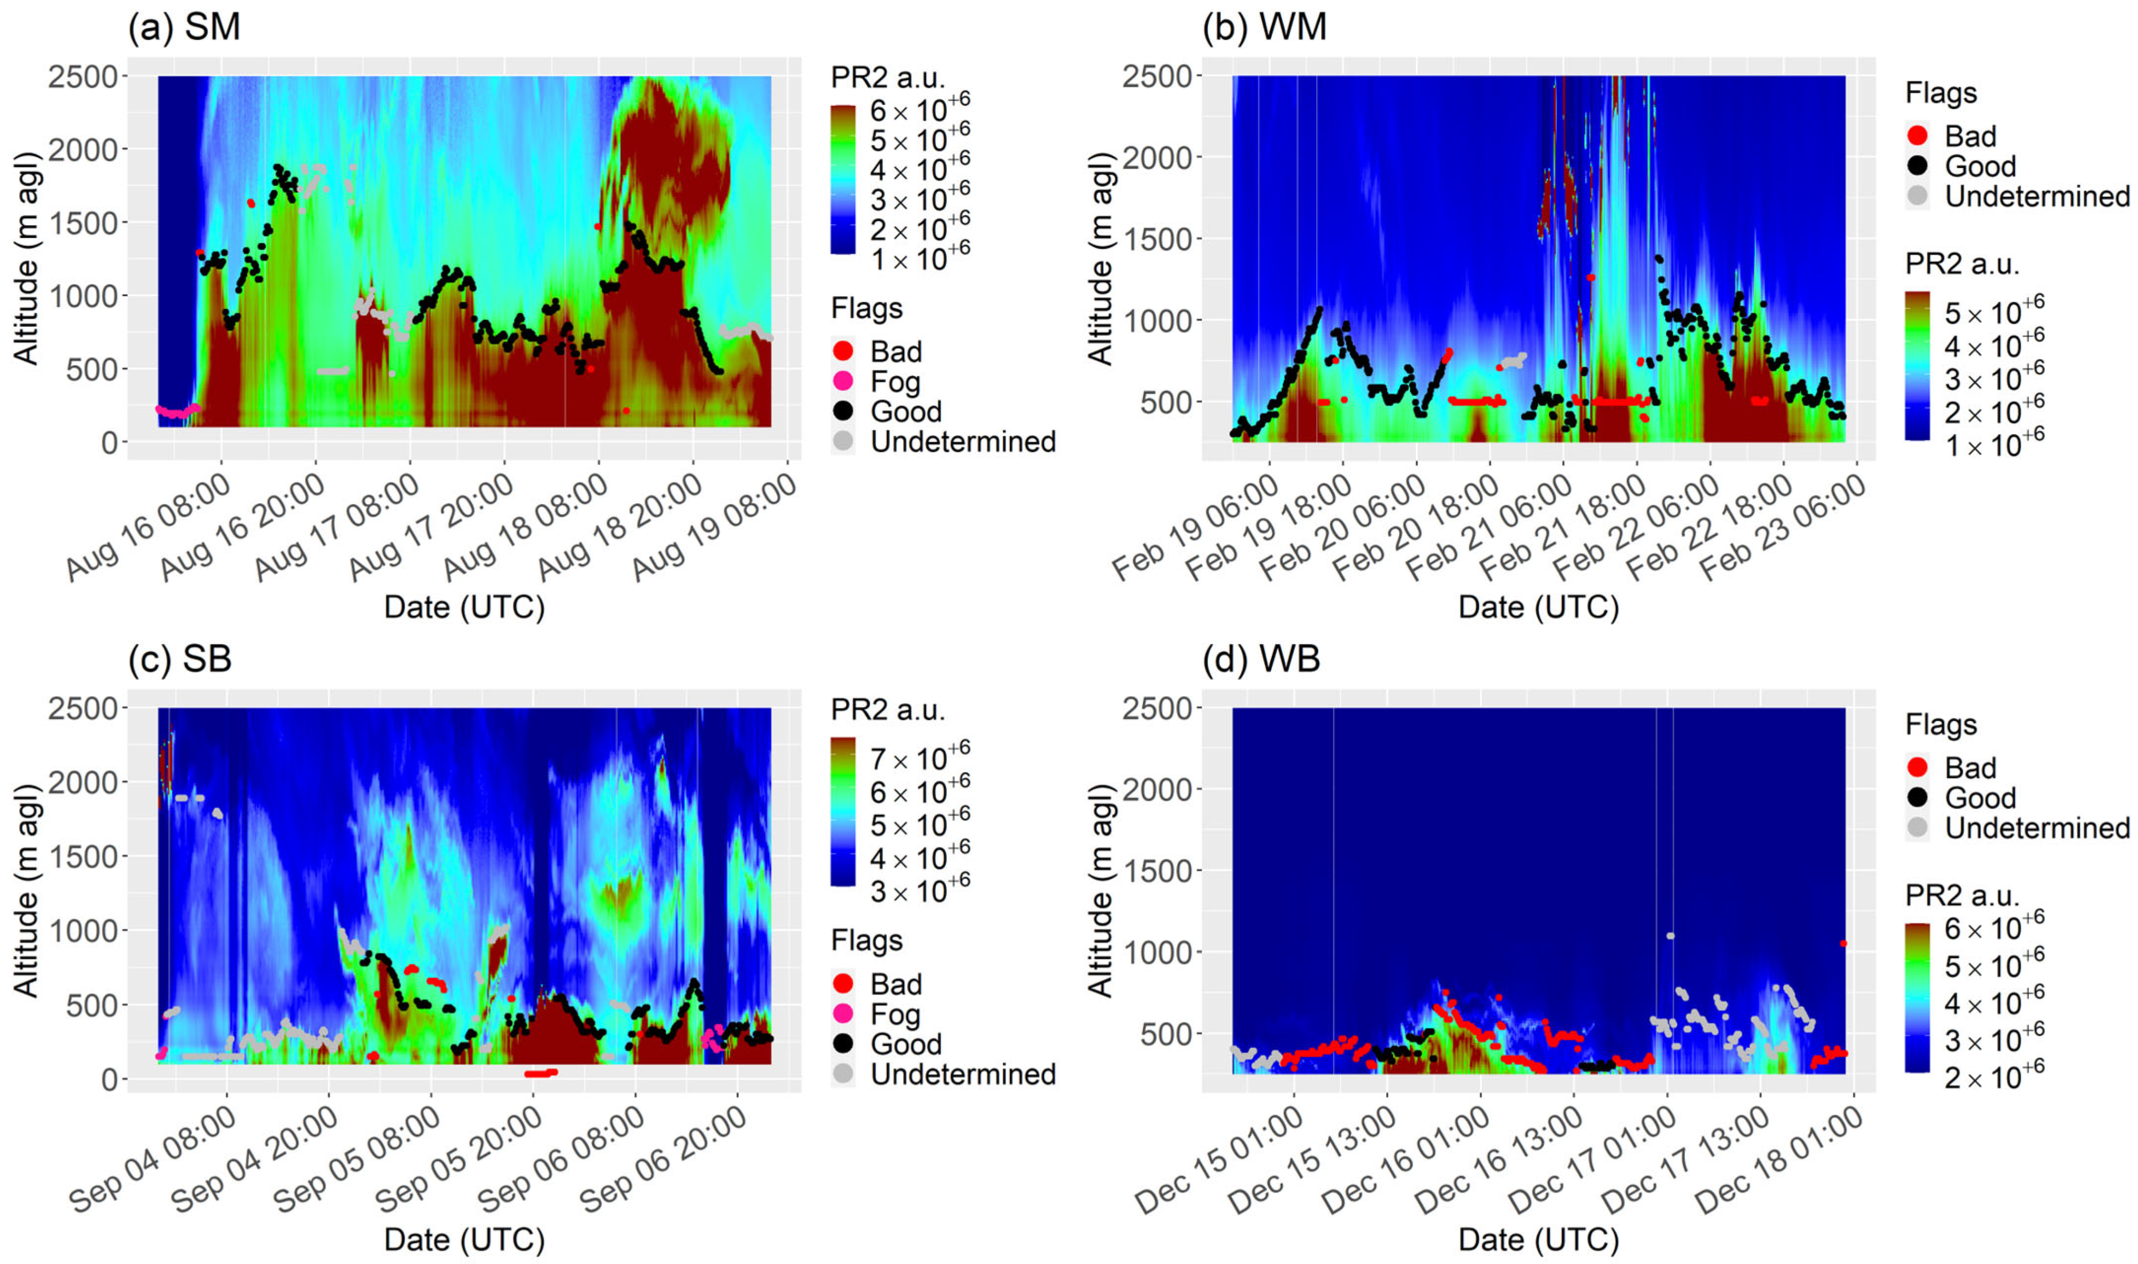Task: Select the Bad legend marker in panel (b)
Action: click(x=1917, y=135)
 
